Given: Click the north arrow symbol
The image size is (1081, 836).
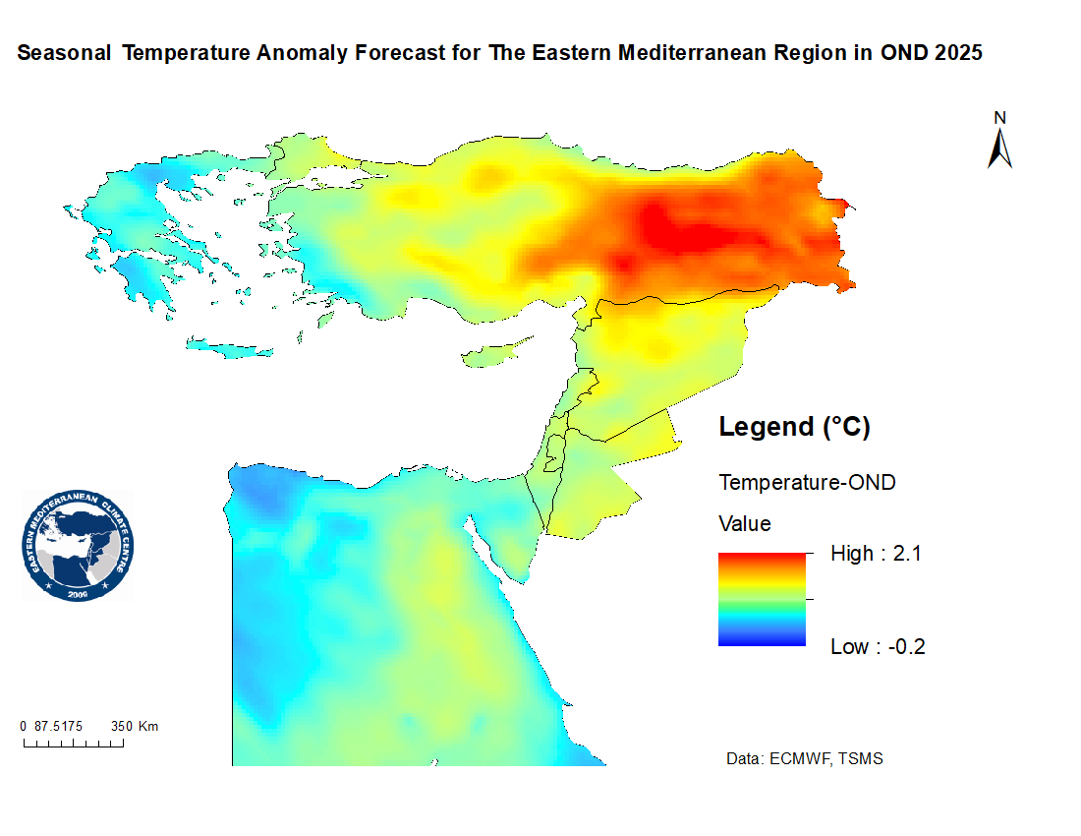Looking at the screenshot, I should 1000,149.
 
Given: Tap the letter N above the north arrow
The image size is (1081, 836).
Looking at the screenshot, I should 1000,118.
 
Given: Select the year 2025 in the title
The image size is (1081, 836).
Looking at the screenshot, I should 957,53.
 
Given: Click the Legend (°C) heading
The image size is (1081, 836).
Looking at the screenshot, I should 795,427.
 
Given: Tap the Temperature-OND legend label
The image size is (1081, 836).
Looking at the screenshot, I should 807,483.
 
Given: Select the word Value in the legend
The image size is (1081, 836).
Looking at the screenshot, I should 745,523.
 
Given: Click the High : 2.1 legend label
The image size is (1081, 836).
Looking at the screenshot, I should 876,554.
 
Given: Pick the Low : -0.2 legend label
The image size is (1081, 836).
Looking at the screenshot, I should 878,646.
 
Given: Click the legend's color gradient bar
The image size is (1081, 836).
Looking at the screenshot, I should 762,599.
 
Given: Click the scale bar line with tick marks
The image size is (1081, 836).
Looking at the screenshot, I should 74,743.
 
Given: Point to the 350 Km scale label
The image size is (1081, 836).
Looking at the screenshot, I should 135,727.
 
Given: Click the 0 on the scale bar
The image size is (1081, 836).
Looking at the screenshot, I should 24,727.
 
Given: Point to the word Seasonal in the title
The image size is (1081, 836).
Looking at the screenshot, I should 64,53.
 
